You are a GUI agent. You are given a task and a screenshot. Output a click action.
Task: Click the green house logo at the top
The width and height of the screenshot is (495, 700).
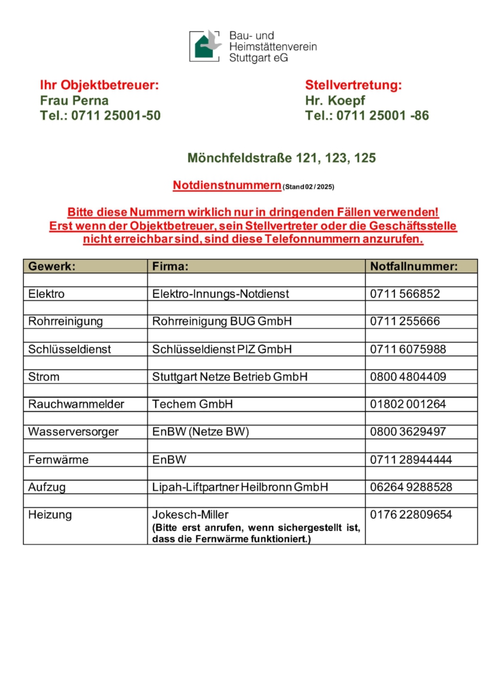tap(205, 46)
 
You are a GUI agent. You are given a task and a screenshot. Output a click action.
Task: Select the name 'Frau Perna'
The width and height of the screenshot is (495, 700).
tap(74, 101)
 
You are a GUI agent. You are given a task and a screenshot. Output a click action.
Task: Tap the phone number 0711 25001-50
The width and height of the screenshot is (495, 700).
tap(100, 116)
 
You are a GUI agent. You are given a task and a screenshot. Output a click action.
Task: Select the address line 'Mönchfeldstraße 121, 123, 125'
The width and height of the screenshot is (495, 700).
tap(281, 158)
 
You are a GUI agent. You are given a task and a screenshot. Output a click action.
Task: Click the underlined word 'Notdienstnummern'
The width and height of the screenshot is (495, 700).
tap(227, 185)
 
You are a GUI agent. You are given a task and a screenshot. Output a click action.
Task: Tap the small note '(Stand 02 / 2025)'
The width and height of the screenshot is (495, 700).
tap(308, 186)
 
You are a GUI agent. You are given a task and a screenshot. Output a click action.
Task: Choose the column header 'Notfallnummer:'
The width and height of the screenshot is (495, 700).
tap(414, 266)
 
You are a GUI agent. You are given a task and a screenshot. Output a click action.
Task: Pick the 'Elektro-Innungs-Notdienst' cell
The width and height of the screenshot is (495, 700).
tap(221, 294)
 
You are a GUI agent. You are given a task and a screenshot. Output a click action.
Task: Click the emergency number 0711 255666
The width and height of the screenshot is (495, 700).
tap(405, 321)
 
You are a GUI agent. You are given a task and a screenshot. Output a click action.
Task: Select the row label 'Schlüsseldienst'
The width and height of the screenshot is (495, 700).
tap(69, 349)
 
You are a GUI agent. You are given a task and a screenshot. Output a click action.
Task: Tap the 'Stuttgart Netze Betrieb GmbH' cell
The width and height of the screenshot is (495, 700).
tap(230, 377)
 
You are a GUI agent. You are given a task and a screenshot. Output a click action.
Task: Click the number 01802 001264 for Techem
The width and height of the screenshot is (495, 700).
tap(408, 404)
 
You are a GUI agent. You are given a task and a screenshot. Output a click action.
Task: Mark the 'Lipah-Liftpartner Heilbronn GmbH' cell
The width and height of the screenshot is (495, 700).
tap(240, 487)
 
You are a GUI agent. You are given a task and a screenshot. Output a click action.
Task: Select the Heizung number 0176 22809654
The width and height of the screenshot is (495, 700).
tap(411, 514)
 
